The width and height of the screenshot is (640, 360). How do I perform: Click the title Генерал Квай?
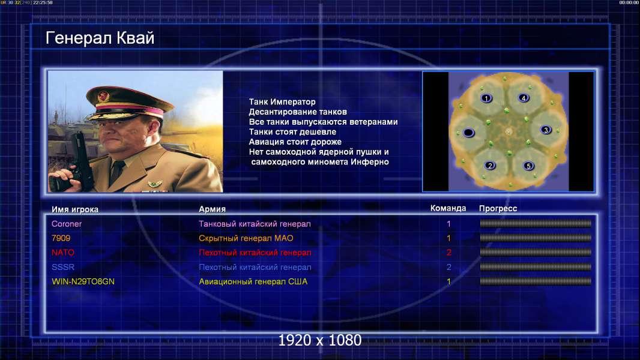pos(100,38)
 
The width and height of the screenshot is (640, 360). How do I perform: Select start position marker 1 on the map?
pos(486,98)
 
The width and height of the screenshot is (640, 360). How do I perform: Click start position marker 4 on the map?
pos(524,98)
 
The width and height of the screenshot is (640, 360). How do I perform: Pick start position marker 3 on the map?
pos(546,130)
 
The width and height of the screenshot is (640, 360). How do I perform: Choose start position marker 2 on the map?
pos(490,166)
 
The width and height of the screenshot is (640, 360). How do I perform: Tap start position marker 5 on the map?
pos(528,166)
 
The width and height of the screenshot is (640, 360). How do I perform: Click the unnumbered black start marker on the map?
pos(468,133)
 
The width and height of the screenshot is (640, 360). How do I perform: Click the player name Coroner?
pos(67,224)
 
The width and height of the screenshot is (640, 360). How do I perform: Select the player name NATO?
pos(63,253)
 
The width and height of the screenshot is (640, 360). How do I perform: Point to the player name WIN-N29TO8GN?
pos(83,281)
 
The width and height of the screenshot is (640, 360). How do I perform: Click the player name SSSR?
pos(63,267)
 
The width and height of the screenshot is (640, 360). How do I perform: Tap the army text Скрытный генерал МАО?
pos(246,238)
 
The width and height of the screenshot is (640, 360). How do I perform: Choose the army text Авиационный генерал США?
pos(253,281)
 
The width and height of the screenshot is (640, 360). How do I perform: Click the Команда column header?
pos(448,208)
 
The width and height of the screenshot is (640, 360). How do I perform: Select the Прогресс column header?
pos(498,208)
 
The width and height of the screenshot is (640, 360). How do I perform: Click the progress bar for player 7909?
pos(536,238)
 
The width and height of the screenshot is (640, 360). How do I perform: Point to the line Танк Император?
pos(282,102)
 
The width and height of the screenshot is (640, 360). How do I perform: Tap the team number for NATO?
pos(448,253)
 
